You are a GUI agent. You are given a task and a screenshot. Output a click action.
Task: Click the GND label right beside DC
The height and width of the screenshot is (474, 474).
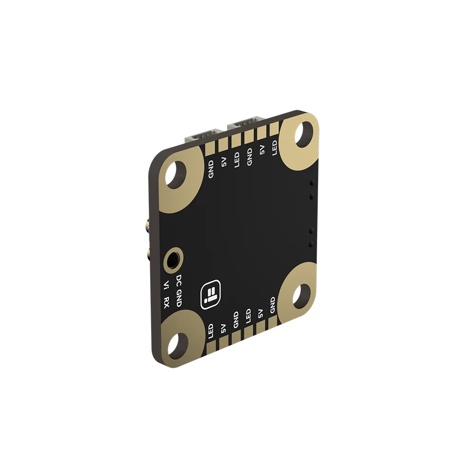(179, 298)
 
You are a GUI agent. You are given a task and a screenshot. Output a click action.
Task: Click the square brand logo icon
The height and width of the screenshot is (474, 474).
(211, 294)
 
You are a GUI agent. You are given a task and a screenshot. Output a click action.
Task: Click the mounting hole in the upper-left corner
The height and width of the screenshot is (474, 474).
(176, 175)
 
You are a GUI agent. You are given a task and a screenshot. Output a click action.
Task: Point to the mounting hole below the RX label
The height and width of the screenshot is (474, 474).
(178, 346)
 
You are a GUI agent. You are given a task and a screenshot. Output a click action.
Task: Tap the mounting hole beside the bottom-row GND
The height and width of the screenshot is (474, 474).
(301, 296)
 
